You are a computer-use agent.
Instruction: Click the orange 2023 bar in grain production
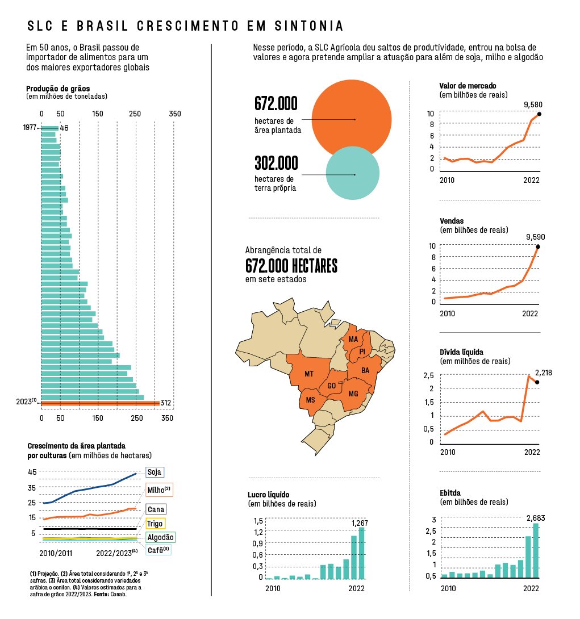click(99, 403)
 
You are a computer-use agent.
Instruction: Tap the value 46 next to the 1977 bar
click(64, 128)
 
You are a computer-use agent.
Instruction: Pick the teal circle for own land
click(352, 173)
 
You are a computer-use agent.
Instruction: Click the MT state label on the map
click(309, 374)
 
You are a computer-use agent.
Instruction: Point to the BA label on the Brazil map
click(365, 370)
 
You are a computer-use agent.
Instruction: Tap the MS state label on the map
click(310, 400)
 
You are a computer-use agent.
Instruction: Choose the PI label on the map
click(362, 352)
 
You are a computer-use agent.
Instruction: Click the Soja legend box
click(154, 472)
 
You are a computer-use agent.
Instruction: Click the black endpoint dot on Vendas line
click(538, 246)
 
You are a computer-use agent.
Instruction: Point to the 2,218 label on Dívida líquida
click(543, 373)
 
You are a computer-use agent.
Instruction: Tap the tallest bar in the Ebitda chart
click(535, 550)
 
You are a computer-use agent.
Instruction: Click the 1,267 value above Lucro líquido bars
click(360, 522)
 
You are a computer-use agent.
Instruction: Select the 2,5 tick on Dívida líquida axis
click(428, 375)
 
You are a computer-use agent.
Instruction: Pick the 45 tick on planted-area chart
click(32, 472)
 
